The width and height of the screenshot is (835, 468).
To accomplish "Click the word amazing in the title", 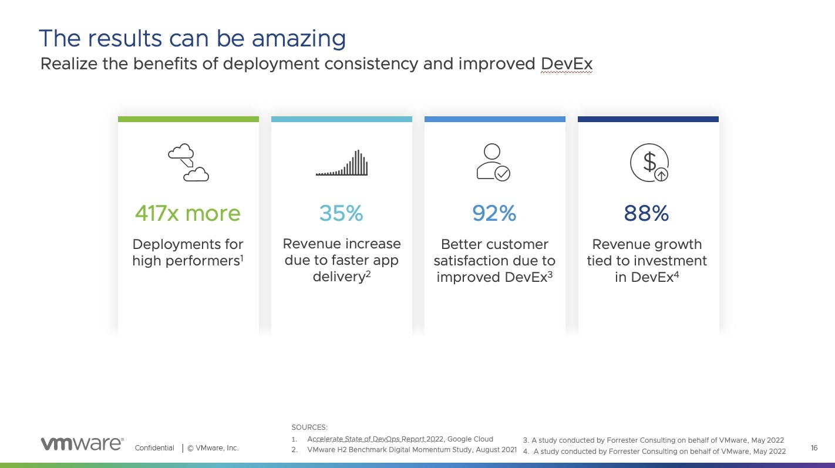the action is pos(298,39).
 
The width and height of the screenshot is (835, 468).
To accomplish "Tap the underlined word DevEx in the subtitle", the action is pos(566,64).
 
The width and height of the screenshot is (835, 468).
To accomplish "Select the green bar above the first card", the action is pos(188,119).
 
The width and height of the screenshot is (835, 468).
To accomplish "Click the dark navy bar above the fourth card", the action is pos(648,119).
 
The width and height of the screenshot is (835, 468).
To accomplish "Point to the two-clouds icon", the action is pos(188,162).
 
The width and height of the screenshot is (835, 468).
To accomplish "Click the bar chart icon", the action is pos(341,163).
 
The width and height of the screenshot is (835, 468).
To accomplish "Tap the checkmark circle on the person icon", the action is pos(502,173).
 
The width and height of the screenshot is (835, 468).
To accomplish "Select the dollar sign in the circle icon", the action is pos(649,161).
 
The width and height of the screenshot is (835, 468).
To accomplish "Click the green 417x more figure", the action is pos(188,213).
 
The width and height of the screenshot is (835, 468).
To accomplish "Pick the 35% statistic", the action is pos(341,213).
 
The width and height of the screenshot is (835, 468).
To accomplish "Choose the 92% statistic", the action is pos(494,213).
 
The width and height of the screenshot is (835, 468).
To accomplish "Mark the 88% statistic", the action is pos(647,213).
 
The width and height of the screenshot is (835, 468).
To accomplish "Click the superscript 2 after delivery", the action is pos(368,274).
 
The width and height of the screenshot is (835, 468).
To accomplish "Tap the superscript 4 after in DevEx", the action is pos(676,275).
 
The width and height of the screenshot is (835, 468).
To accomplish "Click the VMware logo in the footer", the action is pos(82,444).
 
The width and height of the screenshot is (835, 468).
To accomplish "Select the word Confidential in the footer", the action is pos(154,448).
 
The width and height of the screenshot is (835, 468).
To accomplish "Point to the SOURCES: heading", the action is pos(309,427).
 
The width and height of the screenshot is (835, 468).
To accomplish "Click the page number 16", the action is pos(814,448).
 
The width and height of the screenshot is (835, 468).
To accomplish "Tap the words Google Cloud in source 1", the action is pos(470,439).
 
